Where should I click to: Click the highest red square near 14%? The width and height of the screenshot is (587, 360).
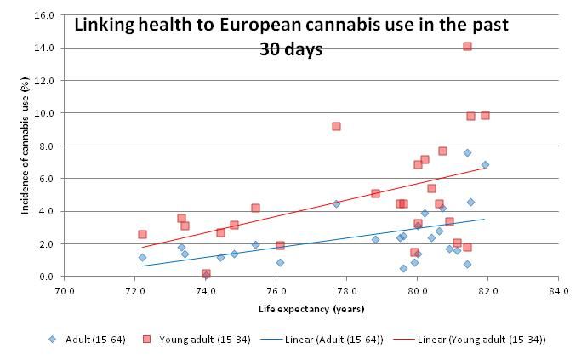[467, 46]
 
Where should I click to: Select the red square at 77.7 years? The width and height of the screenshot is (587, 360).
[336, 126]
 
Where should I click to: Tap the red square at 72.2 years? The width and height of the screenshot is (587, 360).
[142, 234]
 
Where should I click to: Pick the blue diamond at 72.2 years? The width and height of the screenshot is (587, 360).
[142, 257]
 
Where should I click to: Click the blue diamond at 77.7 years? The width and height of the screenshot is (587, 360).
[336, 203]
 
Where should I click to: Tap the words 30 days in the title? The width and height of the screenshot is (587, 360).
[291, 49]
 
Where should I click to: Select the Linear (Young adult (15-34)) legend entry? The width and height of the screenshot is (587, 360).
[485, 339]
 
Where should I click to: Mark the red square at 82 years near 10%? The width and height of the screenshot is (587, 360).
[485, 115]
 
